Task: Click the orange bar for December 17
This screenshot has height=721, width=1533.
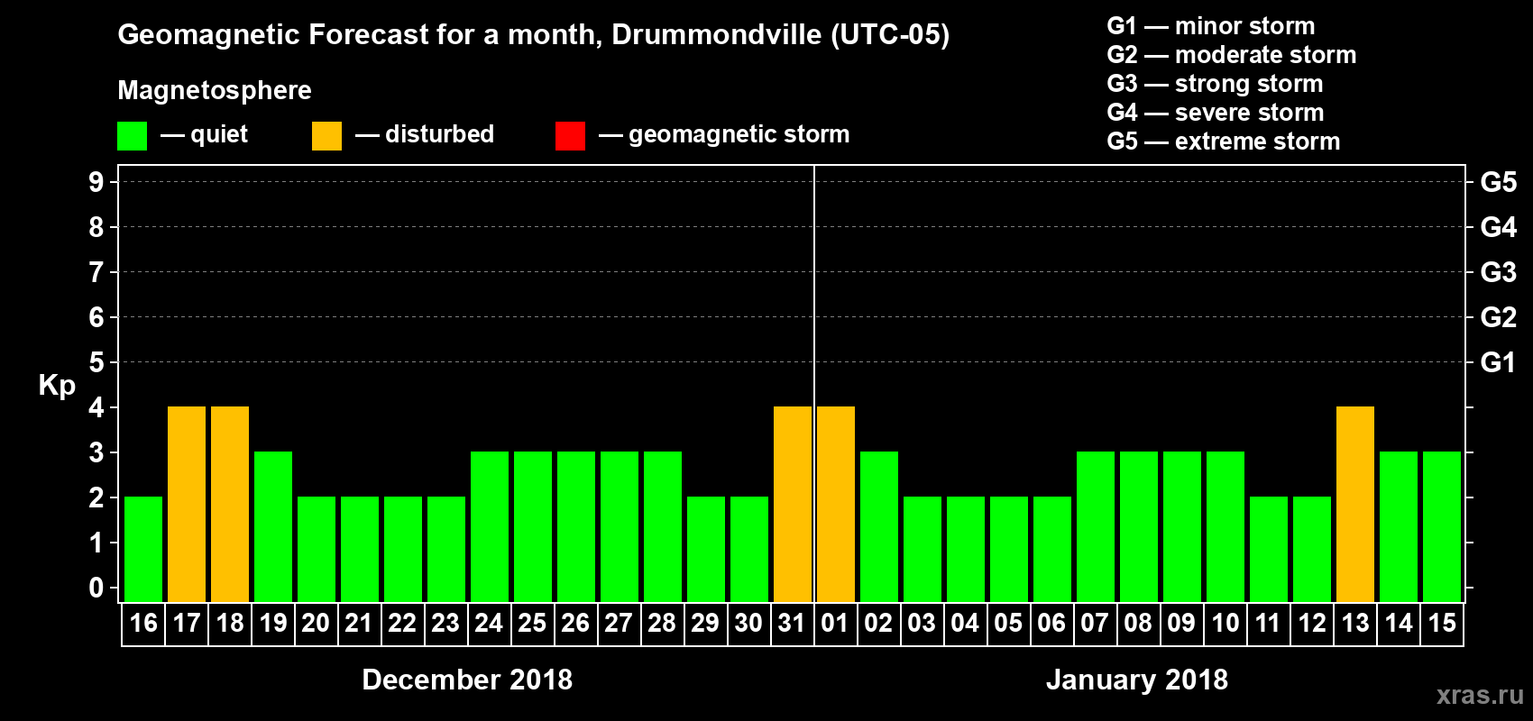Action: pos(187,504)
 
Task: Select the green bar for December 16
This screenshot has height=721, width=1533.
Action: pos(143,549)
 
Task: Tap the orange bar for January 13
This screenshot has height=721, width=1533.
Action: pos(1355,504)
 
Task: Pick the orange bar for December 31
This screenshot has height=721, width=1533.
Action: pos(793,504)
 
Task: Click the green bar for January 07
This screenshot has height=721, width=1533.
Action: pos(1096,526)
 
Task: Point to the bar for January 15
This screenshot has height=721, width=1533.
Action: pos(1442,526)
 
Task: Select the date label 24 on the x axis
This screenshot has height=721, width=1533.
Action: pos(489,624)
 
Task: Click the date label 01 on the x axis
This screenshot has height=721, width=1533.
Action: pos(835,624)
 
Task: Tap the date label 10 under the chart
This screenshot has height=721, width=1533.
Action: pos(1225,624)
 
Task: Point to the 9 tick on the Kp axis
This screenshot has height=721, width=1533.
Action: pos(96,182)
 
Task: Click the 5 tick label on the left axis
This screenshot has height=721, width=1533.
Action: pos(96,362)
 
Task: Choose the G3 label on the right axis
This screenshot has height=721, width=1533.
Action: pos(1498,272)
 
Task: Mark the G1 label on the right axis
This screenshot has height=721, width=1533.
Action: pos(1498,362)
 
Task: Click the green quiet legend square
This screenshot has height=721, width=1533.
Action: pos(133,136)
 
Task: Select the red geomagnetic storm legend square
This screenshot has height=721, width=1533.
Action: pos(570,136)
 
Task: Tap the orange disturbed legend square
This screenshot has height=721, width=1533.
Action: pos(326,136)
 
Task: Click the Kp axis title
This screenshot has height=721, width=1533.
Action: pos(57,386)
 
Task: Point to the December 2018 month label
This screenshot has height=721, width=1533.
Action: pos(467,680)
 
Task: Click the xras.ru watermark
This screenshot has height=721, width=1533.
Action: pos(1479,695)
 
